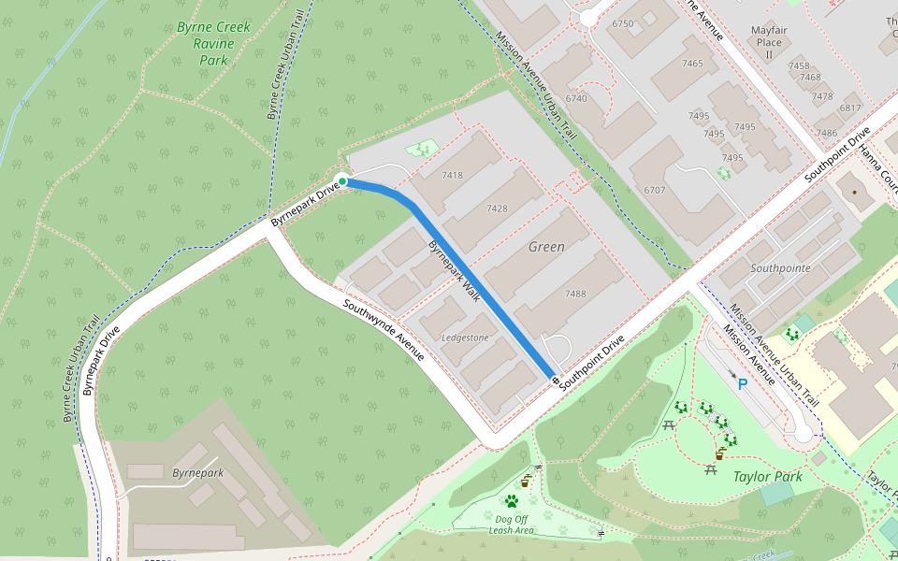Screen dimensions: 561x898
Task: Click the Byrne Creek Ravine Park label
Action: point(213,43)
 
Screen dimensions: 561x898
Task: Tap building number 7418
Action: point(452,176)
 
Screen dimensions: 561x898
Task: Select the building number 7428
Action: point(497,209)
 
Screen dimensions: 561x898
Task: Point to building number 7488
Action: point(575,294)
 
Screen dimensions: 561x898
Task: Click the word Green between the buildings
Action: point(546,247)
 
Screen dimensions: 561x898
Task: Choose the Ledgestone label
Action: point(465,338)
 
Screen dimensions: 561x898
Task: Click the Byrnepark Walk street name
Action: point(455,272)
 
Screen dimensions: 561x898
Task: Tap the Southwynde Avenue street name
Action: point(384,331)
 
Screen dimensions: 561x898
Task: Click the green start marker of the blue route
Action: point(342,181)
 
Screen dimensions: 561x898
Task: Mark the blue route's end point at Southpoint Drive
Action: point(555,381)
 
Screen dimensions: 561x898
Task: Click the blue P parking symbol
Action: point(743,384)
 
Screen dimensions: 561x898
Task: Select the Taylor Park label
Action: point(767,477)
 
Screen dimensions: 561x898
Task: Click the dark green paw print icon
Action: point(511,501)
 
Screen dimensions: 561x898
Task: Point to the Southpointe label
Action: point(780,268)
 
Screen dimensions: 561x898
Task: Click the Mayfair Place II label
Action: point(768,42)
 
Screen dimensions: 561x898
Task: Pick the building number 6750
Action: point(622,23)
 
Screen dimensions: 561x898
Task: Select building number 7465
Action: point(692,64)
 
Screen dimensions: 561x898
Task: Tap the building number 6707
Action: point(654,190)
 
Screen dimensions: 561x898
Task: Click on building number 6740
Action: point(576,98)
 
